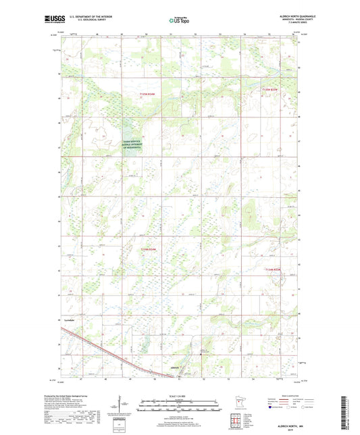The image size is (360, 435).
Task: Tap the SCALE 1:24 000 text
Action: [180, 396]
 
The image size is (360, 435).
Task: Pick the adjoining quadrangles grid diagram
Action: [235, 419]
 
